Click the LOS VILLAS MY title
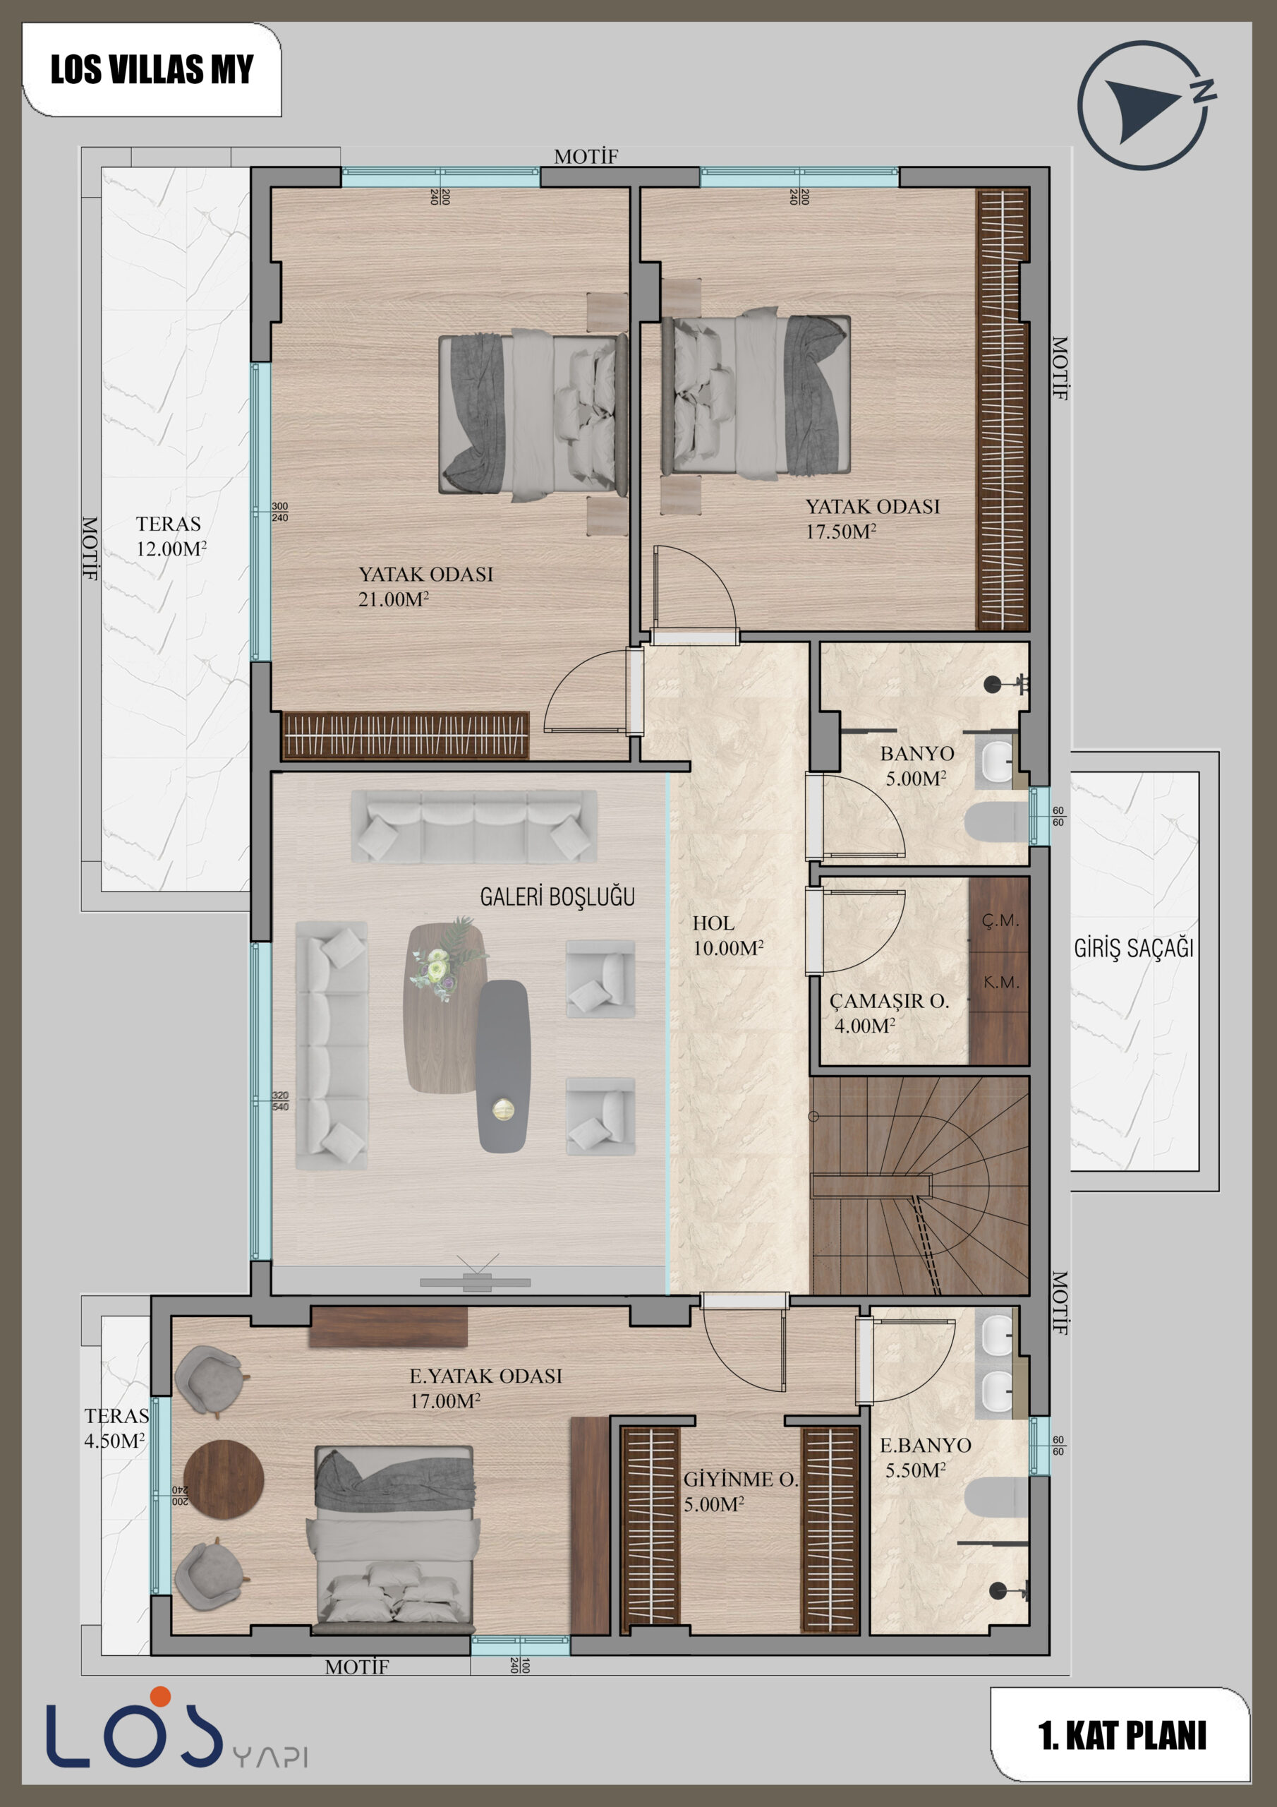[152, 69]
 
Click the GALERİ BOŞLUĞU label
[557, 896]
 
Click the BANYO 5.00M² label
[916, 766]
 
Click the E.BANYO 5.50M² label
[924, 1457]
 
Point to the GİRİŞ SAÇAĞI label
[1134, 949]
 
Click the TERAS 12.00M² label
[171, 536]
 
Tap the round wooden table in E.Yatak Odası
[224, 1480]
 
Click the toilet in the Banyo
[996, 822]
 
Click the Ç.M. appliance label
[1000, 920]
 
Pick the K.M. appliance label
[1001, 982]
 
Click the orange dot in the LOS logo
[161, 1696]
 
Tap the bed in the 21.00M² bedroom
[533, 415]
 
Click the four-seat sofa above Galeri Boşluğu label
[473, 826]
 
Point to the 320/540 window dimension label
[280, 1100]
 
